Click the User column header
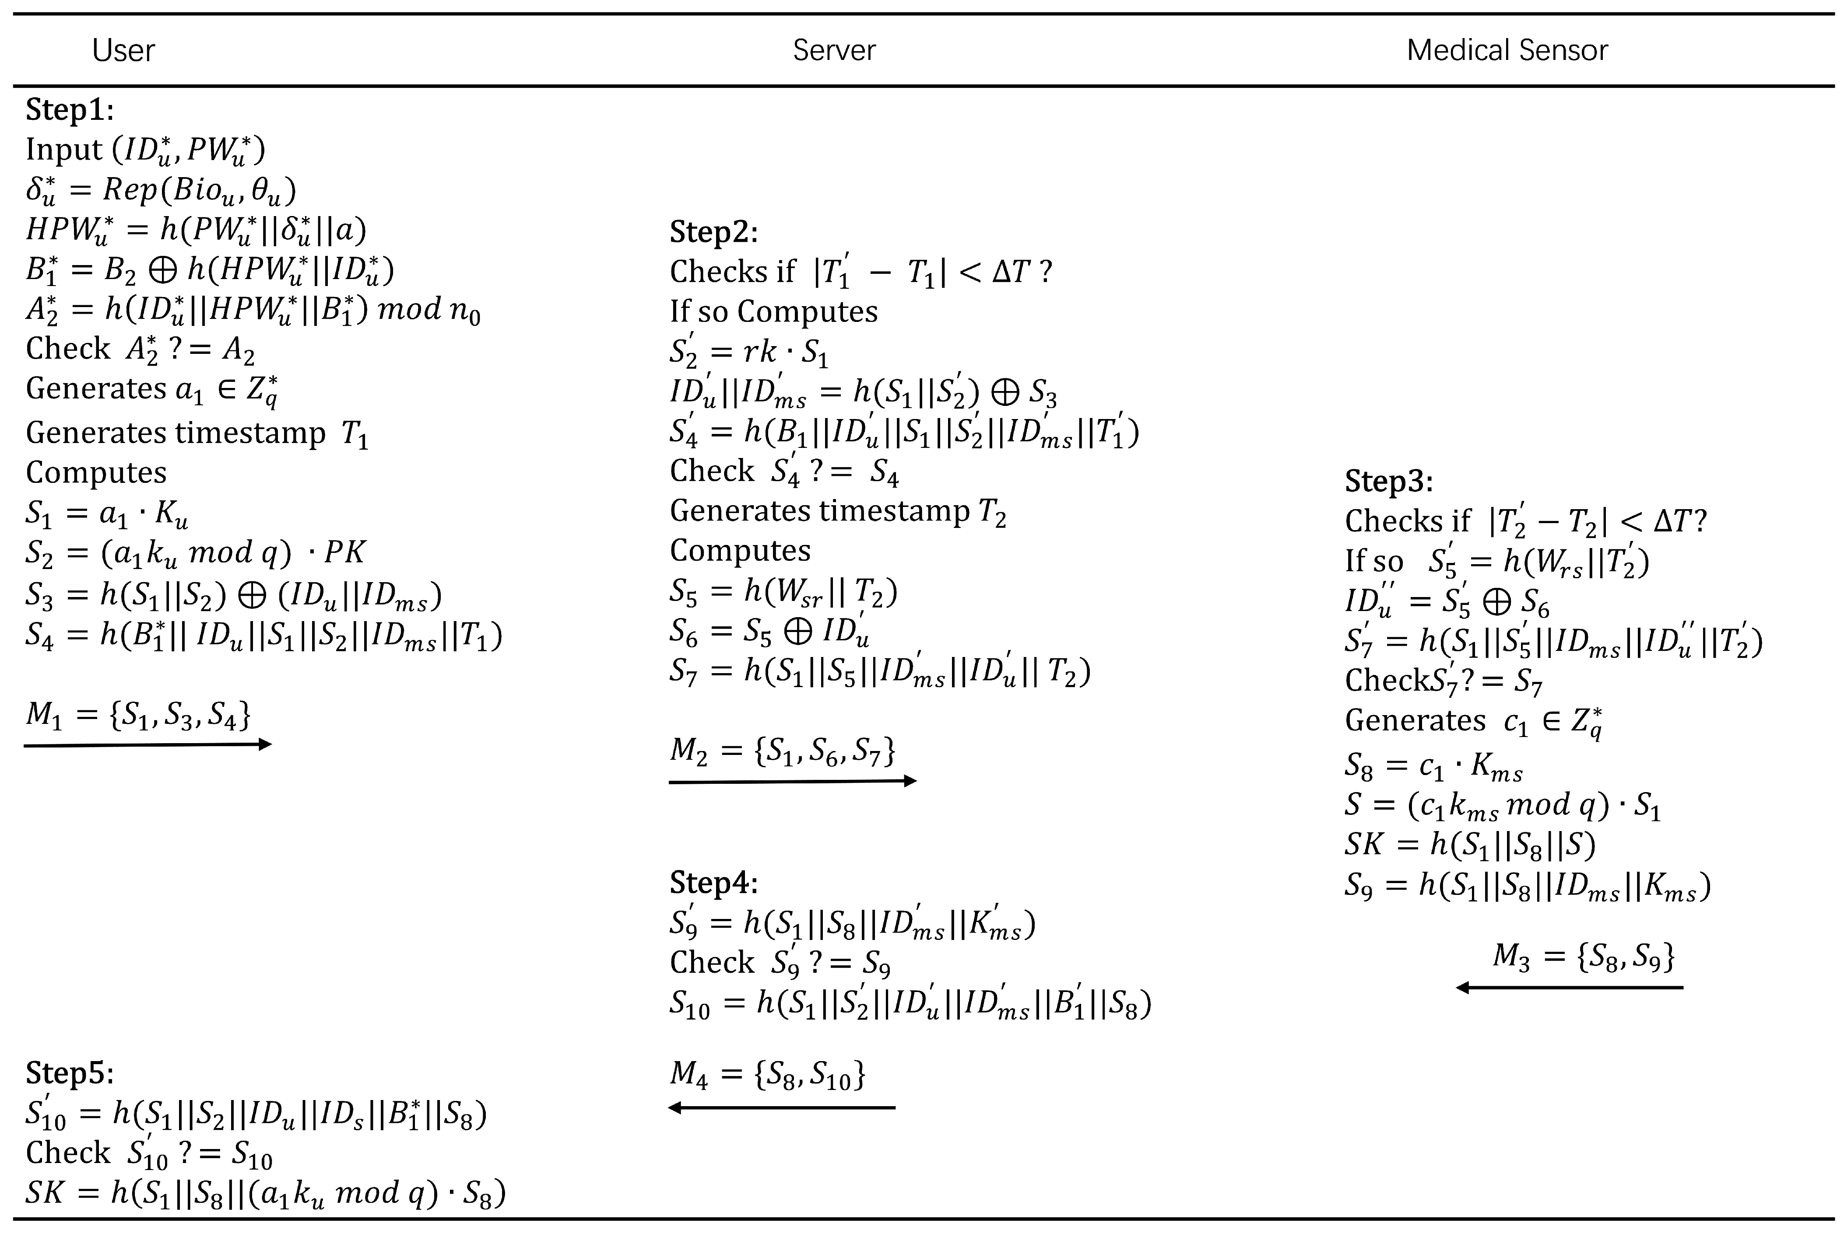point(123,50)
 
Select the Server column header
point(834,50)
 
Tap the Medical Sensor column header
point(1507,50)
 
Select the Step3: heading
point(1388,481)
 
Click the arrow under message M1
point(148,744)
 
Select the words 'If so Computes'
point(773,311)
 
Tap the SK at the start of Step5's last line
point(44,1193)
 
